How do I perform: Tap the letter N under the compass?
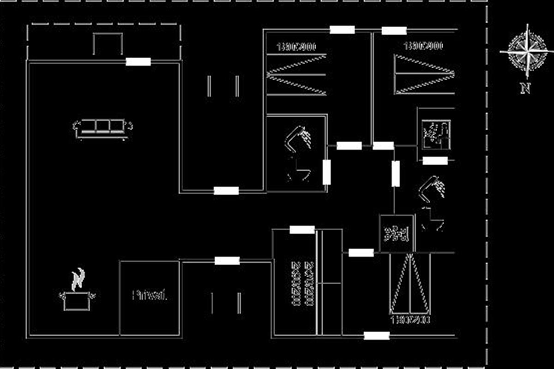(x=525, y=88)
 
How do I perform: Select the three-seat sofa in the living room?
(x=103, y=127)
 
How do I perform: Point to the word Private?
(x=149, y=296)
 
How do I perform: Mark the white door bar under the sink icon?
(x=435, y=161)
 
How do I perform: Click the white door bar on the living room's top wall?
(x=138, y=61)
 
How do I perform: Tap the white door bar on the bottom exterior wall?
(x=376, y=336)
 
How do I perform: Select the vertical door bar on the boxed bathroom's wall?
(x=326, y=172)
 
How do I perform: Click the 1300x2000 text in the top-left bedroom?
(x=296, y=47)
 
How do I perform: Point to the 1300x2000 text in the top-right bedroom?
(x=423, y=46)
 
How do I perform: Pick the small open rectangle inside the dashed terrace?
(x=108, y=44)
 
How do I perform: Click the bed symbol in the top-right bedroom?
(x=425, y=74)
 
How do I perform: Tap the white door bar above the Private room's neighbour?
(x=227, y=261)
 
